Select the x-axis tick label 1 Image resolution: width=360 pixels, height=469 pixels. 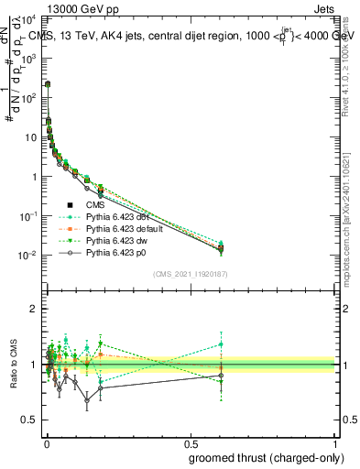[x=337, y=442]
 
